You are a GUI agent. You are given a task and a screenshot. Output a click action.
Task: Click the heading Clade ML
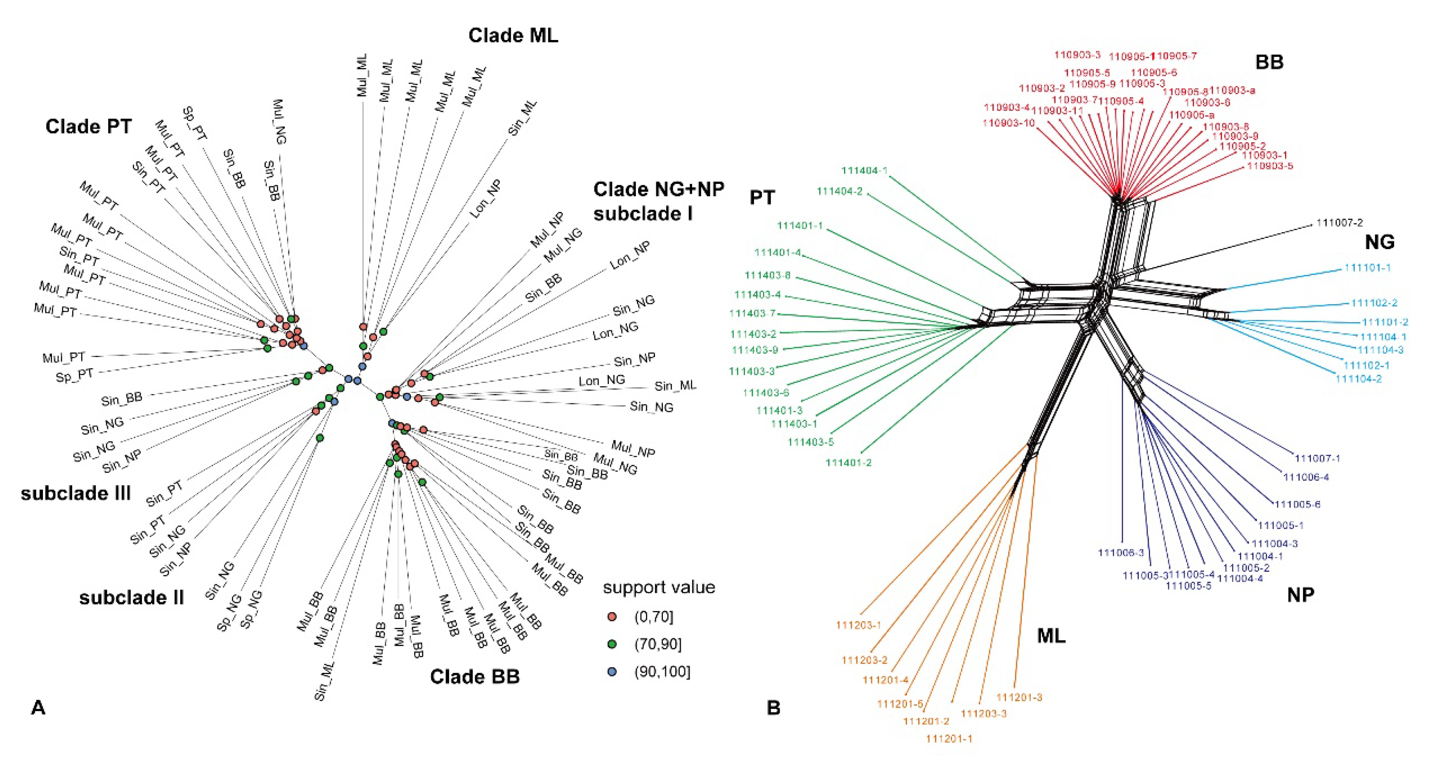pyautogui.click(x=512, y=35)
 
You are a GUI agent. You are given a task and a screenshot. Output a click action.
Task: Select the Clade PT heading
pyautogui.click(x=88, y=127)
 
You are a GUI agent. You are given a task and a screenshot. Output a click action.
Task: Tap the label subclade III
pyautogui.click(x=75, y=493)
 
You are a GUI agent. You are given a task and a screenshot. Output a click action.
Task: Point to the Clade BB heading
pyautogui.click(x=474, y=677)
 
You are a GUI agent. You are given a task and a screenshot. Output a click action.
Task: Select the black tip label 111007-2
pyautogui.click(x=1339, y=223)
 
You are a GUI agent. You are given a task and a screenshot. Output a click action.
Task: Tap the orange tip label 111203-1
pyautogui.click(x=858, y=625)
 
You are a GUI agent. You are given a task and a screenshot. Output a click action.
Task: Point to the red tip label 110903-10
pyautogui.click(x=1009, y=123)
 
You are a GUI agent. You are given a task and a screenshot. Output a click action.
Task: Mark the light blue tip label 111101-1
pyautogui.click(x=1367, y=268)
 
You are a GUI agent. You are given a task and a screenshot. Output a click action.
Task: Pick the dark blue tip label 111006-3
pyautogui.click(x=1120, y=553)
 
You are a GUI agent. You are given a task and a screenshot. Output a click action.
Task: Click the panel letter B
pyautogui.click(x=773, y=708)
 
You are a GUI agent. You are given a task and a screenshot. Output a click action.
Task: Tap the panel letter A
pyautogui.click(x=38, y=708)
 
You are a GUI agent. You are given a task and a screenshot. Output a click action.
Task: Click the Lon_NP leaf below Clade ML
pyautogui.click(x=486, y=199)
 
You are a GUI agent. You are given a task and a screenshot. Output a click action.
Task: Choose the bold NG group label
pyautogui.click(x=1380, y=242)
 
